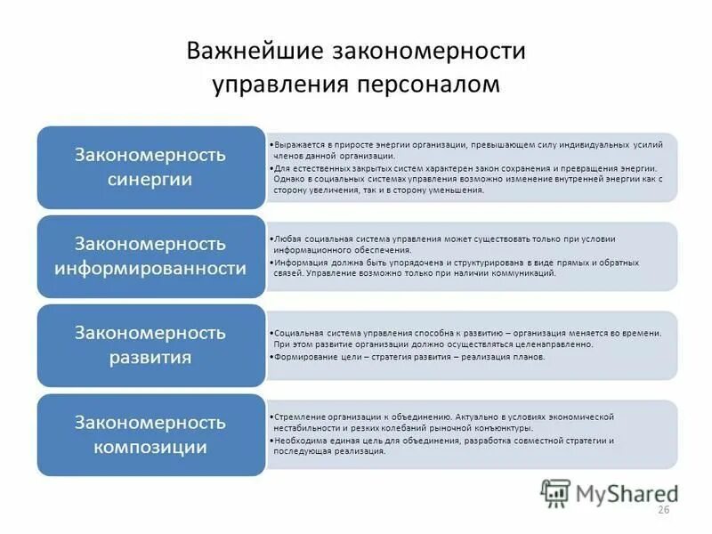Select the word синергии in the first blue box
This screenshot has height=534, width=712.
click(150, 178)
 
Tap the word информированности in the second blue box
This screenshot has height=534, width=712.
click(150, 267)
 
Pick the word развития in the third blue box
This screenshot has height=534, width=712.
click(150, 358)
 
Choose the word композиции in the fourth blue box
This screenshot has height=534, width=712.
click(150, 446)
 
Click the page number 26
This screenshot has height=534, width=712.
click(662, 509)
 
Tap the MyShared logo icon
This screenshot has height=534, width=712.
click(556, 493)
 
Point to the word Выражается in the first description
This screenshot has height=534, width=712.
click(298, 143)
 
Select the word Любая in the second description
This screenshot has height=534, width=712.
click(287, 239)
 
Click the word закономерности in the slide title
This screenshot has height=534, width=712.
click(428, 51)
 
